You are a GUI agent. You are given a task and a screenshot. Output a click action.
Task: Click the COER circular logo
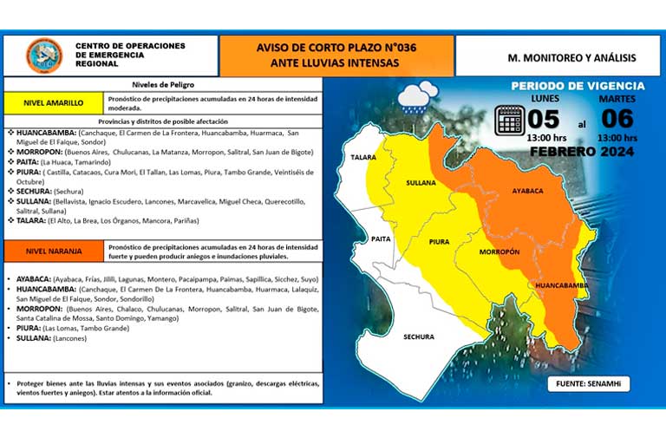click(x=43, y=55)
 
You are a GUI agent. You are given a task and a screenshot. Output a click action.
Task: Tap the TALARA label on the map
click(x=364, y=158)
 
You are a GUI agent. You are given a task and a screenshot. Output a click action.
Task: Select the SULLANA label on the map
click(x=421, y=184)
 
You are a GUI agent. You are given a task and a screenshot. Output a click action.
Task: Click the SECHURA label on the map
click(x=418, y=336)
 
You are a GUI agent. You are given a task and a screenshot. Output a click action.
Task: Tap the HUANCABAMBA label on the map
click(x=563, y=285)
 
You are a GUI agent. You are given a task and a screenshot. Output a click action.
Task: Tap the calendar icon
click(x=509, y=120)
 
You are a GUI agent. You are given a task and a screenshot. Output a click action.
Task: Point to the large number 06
click(x=617, y=119)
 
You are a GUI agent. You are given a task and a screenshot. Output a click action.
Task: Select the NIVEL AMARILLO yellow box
click(x=54, y=102)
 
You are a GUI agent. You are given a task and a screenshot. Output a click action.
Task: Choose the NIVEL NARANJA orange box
click(x=54, y=251)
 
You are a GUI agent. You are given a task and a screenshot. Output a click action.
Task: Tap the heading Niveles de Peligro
click(x=162, y=85)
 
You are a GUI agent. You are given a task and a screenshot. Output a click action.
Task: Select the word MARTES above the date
click(x=617, y=99)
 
